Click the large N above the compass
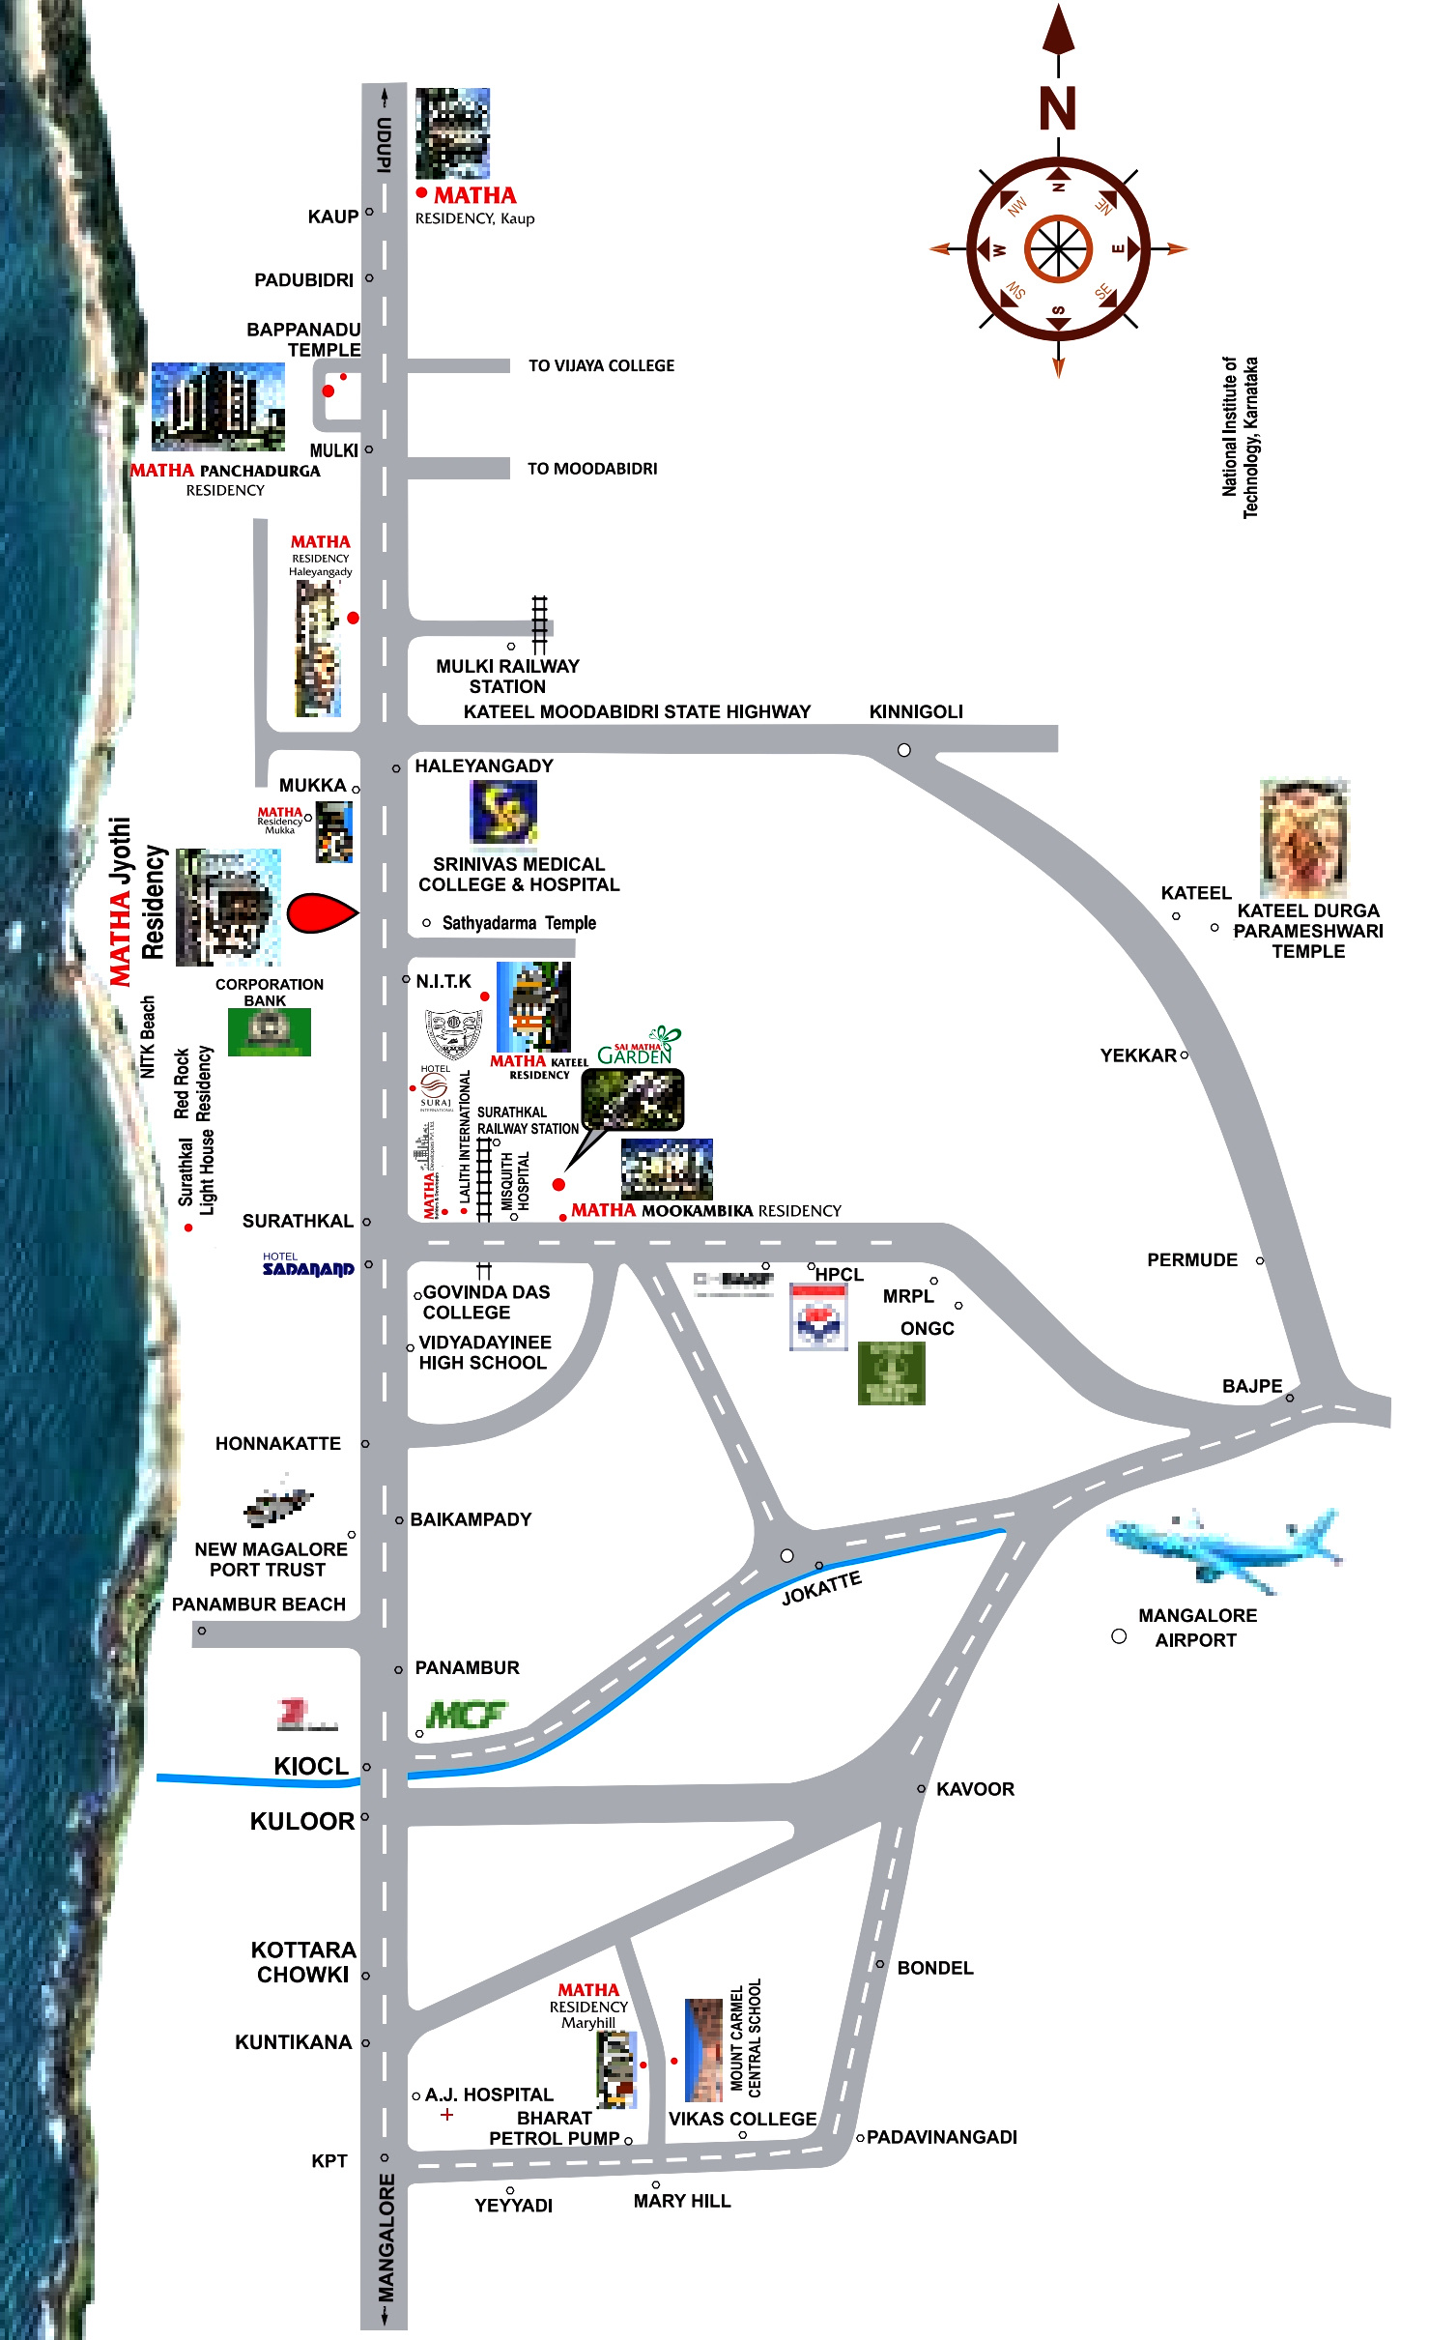click(1057, 108)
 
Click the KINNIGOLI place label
click(916, 712)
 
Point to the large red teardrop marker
click(321, 913)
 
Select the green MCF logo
click(466, 1716)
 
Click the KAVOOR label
click(975, 1789)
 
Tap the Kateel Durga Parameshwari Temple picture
click(1303, 839)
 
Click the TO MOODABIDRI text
click(591, 469)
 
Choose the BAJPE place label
click(1251, 1386)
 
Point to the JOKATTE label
click(821, 1587)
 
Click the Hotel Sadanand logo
click(308, 1265)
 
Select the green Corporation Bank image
click(269, 1032)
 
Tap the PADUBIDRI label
click(303, 280)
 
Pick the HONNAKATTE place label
click(277, 1444)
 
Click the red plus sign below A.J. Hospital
click(446, 2115)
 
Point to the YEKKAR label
click(1137, 1055)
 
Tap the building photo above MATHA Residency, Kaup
click(452, 133)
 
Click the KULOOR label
click(301, 1822)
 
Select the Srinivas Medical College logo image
click(502, 812)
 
